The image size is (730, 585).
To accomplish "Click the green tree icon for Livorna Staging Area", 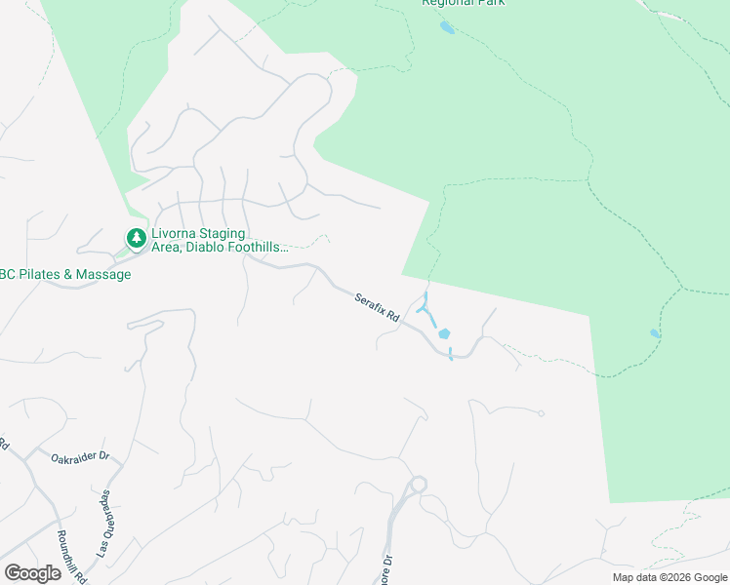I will [x=136, y=237].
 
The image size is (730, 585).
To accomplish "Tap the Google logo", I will [x=32, y=572].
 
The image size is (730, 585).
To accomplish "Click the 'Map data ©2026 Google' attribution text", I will [x=670, y=577].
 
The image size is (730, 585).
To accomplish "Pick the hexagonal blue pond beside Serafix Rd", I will [x=445, y=334].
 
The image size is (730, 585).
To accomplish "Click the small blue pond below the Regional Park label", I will [x=447, y=27].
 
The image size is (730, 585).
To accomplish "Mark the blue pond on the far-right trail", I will [x=655, y=333].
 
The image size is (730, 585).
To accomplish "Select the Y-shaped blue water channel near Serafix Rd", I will [x=426, y=310].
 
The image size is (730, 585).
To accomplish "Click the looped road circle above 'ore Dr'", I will [x=419, y=484].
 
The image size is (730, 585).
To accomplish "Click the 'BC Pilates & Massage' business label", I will [x=64, y=275].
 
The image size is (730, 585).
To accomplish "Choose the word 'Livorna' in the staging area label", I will [x=176, y=234].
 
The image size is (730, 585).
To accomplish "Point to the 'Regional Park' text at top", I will [x=464, y=3].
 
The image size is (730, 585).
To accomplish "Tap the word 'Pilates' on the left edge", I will [x=41, y=275].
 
